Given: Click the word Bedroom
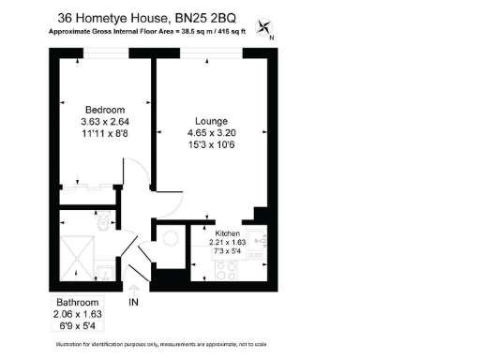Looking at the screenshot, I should pos(104,110).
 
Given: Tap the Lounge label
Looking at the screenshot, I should pos(211,121).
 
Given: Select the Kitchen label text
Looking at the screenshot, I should pos(228,232).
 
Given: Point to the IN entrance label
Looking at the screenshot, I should pos(133,302).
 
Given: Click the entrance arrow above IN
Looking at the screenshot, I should pos(133,289).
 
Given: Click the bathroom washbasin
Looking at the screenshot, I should pos(104,273).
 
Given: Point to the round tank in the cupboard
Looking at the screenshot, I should pos(170,236).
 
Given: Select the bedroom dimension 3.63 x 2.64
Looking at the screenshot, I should pos(104,122).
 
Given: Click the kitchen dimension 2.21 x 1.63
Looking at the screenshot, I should pos(228,242).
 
